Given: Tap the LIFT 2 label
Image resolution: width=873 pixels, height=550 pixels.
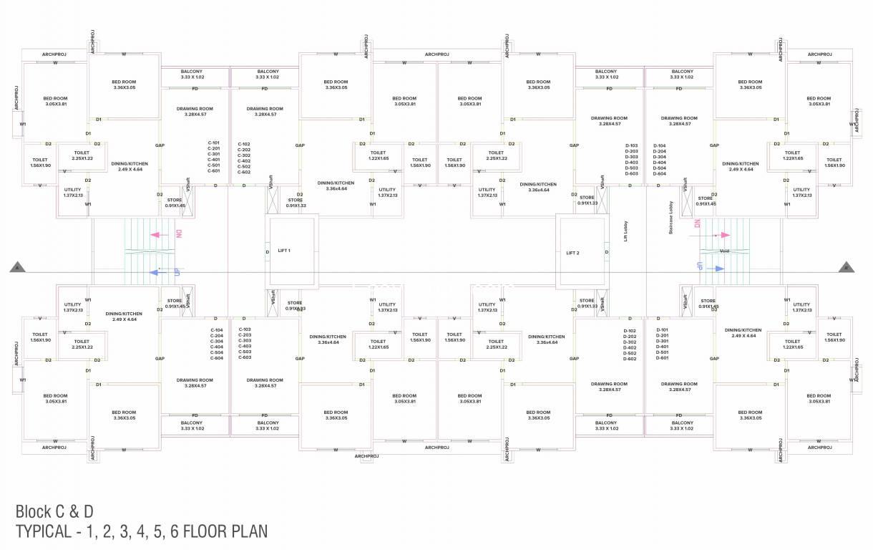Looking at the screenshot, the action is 572,253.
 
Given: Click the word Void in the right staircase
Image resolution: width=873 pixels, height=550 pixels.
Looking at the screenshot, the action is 723,251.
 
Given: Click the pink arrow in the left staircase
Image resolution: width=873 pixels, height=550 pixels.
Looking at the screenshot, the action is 155,234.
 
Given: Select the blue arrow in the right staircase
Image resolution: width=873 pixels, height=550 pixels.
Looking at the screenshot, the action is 716,269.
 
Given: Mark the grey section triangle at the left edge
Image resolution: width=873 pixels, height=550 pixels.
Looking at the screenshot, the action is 16,268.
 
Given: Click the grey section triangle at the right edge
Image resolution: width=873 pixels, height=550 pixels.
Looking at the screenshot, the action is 846,267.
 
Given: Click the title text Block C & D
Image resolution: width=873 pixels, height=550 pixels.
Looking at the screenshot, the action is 54,511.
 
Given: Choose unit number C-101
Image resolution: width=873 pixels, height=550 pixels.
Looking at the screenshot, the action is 213,143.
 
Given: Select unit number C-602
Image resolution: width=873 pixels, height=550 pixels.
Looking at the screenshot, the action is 244,172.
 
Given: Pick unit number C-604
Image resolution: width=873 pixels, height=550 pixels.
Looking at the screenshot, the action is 217,357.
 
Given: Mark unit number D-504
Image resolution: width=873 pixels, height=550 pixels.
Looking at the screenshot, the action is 660,168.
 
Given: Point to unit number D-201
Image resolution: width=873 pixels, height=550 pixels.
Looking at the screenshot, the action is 663,336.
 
